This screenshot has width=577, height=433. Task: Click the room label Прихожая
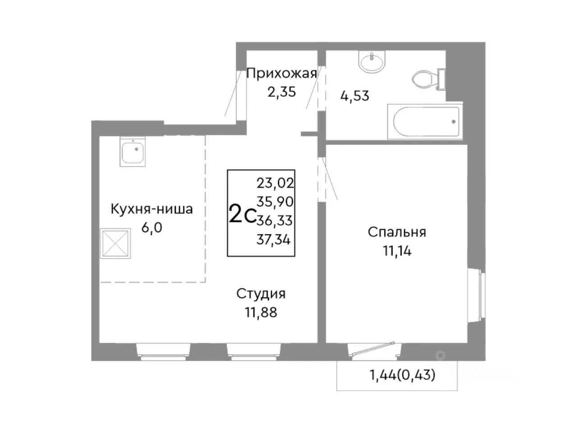tap(282, 73)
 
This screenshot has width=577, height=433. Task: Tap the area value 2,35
tap(282, 92)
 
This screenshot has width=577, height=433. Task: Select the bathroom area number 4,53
tap(354, 96)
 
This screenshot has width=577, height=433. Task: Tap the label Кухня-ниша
tap(152, 209)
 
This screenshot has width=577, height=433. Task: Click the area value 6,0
tap(152, 227)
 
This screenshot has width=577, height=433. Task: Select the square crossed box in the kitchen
tap(115, 244)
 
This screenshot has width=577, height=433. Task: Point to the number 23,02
tap(275, 183)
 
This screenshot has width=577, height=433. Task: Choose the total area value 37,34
tap(274, 240)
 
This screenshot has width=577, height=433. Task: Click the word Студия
tap(261, 294)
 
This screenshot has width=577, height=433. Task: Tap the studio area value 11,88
tap(261, 312)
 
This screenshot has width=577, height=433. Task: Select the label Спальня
tap(397, 232)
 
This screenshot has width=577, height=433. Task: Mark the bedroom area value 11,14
tap(397, 251)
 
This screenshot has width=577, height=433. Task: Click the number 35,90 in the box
tap(275, 202)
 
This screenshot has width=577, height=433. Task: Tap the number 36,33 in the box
tap(275, 221)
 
